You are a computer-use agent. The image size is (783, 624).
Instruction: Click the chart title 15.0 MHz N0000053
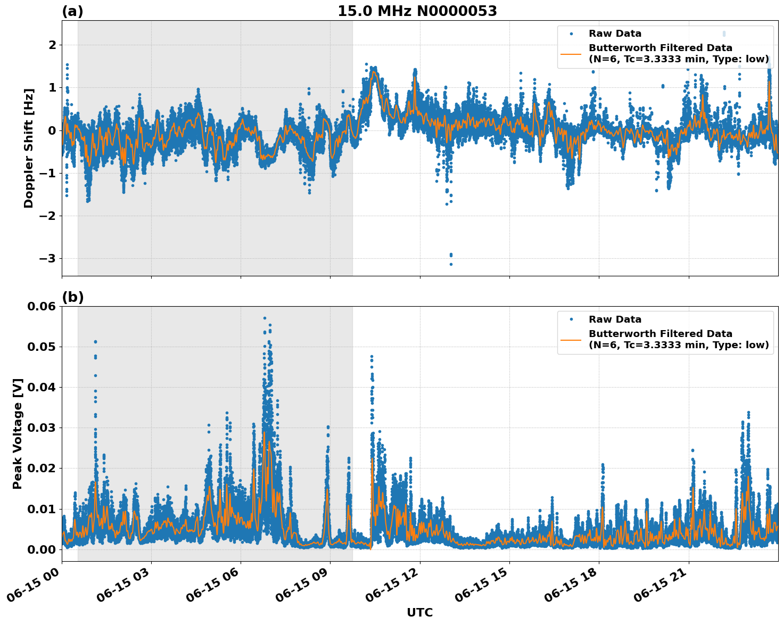(x=417, y=11)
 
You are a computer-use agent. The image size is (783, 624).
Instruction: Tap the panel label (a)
(x=72, y=11)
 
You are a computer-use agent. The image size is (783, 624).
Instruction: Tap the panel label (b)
(x=72, y=297)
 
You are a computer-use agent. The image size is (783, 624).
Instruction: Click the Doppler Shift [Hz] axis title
(x=29, y=148)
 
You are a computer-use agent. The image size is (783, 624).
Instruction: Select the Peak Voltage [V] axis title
(x=18, y=433)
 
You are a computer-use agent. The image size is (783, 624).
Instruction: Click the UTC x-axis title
(x=419, y=612)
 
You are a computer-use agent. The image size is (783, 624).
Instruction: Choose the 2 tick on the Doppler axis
(x=52, y=45)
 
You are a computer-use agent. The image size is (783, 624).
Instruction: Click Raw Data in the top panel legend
(x=615, y=34)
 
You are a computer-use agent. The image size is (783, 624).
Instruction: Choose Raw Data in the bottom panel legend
(x=615, y=319)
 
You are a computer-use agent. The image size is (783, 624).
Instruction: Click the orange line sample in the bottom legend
(x=571, y=339)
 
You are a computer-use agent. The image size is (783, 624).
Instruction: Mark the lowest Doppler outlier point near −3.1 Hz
(x=451, y=264)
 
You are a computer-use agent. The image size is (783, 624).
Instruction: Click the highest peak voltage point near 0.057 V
(x=265, y=318)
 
